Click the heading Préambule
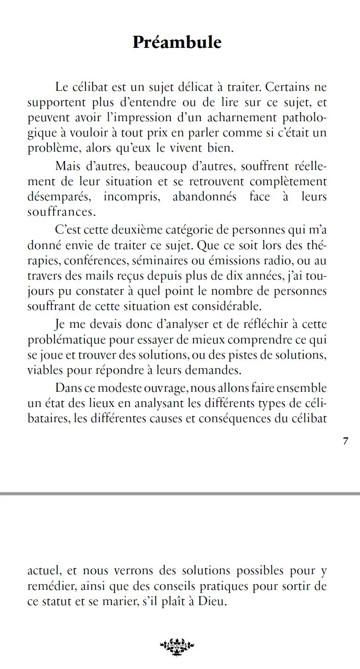tap(177, 42)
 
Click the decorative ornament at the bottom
tap(177, 645)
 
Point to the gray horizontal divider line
tap(180, 494)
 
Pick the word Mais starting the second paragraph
tap(68, 166)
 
